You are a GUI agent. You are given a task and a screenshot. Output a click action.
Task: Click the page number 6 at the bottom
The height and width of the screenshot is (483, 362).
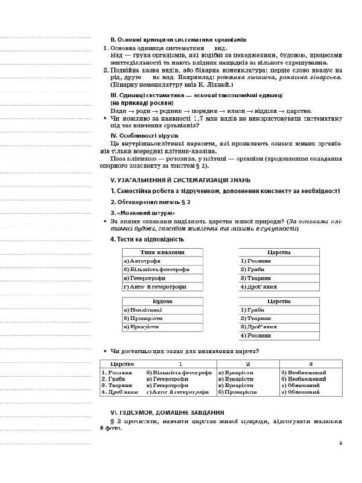coord(341,444)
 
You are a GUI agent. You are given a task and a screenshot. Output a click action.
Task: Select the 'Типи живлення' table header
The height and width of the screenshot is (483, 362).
coord(161,252)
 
